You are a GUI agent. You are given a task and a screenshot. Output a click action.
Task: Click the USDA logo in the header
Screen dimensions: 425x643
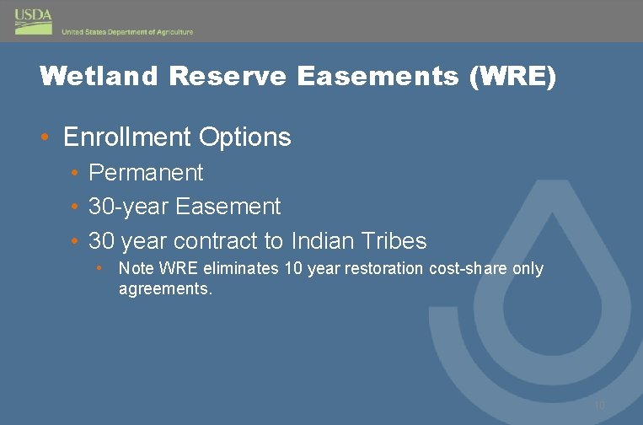tap(33, 21)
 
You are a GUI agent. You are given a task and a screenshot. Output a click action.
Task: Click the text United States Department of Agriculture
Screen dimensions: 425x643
tap(127, 32)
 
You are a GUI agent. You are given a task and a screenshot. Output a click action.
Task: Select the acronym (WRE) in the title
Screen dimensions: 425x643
tap(513, 77)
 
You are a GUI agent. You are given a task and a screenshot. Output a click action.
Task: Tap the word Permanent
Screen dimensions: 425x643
tap(146, 173)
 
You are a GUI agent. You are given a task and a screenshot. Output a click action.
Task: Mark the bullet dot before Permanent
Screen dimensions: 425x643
tap(75, 174)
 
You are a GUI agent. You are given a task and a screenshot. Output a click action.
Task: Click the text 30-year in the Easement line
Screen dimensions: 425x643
tap(129, 207)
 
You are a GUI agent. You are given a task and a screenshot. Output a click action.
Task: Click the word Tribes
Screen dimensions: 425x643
tap(399, 241)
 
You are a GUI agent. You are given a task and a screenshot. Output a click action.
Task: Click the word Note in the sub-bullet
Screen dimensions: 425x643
tap(133, 269)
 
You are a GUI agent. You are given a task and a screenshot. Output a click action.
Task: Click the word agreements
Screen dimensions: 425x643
tap(165, 288)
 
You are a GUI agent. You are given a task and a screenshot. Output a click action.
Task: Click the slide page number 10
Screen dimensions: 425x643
tap(599, 406)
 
